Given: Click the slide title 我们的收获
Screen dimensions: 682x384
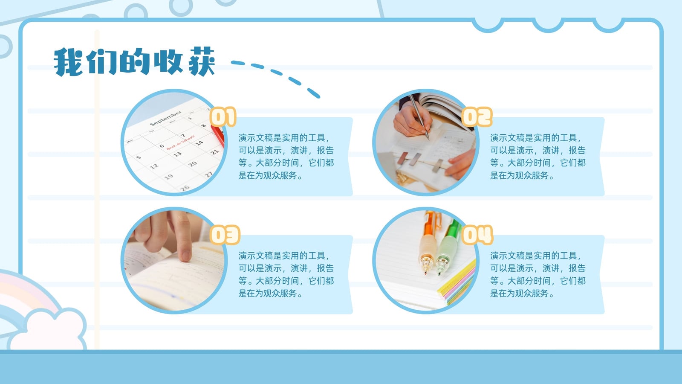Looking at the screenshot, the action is point(134,61).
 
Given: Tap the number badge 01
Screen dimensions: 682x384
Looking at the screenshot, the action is point(223,116).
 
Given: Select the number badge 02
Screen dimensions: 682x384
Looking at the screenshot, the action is point(477,116).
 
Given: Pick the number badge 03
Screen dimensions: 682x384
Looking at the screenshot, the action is point(225,235).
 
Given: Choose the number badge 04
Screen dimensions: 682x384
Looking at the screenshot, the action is point(477,235).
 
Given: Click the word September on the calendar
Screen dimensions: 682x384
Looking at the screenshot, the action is point(166,118).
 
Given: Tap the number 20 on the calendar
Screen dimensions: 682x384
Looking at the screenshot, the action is point(192,164).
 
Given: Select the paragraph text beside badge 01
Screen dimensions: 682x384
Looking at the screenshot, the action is point(286,156).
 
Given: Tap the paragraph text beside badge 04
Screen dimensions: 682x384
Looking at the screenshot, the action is point(538,274).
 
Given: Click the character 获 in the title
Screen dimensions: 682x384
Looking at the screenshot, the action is point(202,61).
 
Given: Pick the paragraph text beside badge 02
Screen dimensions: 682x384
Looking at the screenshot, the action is point(538,156).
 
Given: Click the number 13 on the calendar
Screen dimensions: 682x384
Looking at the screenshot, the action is point(177,154).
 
